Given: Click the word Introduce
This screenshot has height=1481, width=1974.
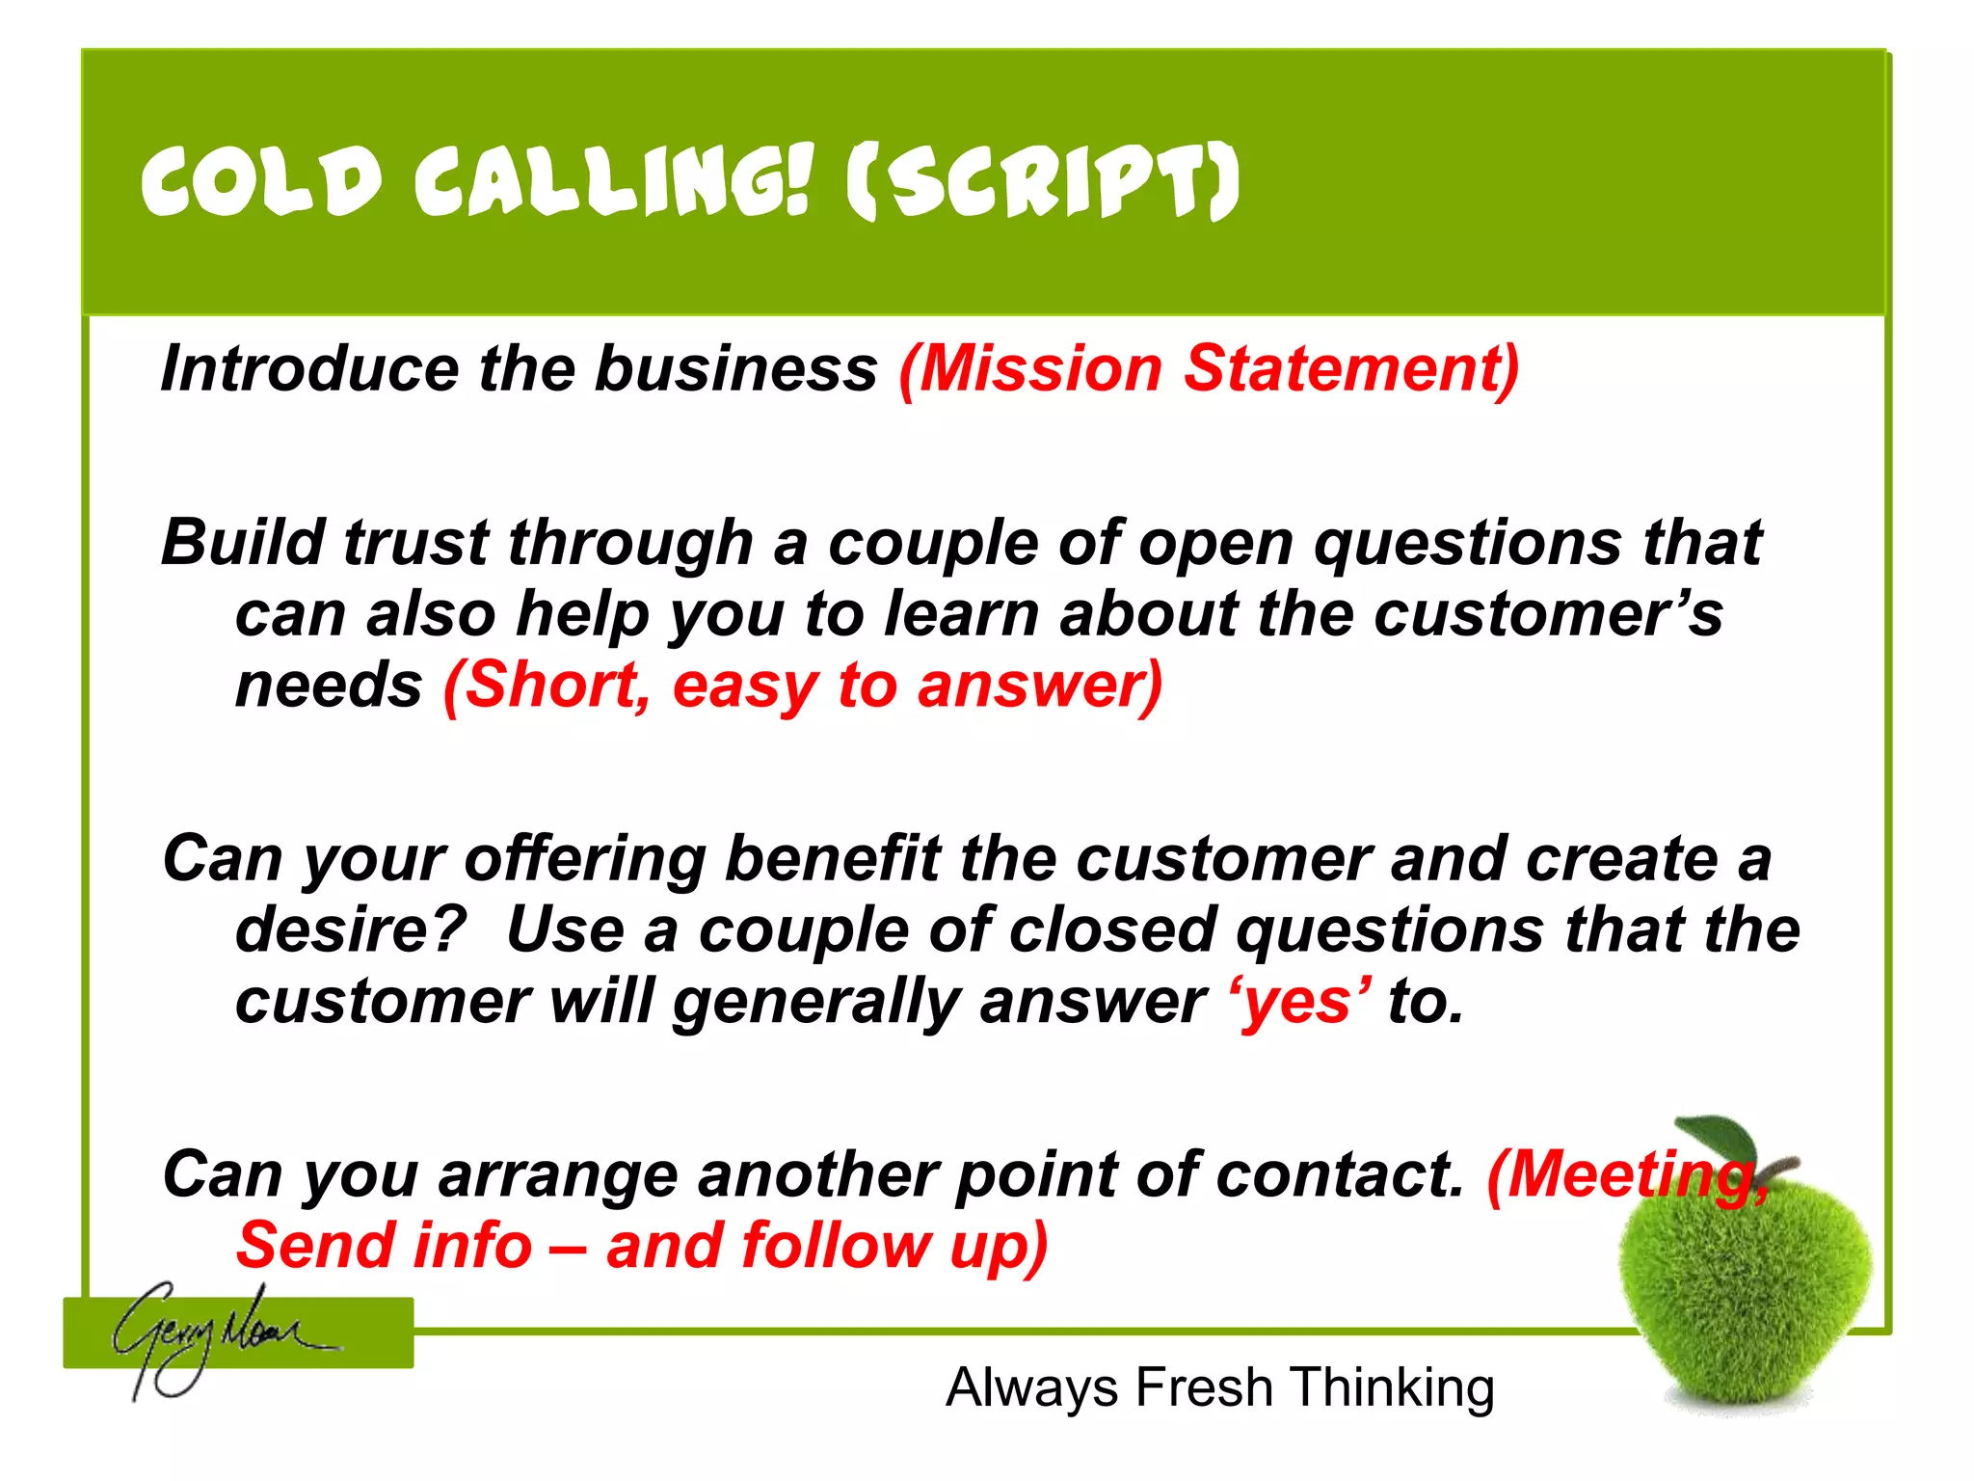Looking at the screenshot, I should point(309,368).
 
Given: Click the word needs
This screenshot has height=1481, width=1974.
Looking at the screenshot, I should point(329,686).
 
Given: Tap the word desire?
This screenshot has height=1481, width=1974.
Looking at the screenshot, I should point(351,929).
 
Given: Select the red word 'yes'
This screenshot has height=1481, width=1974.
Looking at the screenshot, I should point(1301,1002).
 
